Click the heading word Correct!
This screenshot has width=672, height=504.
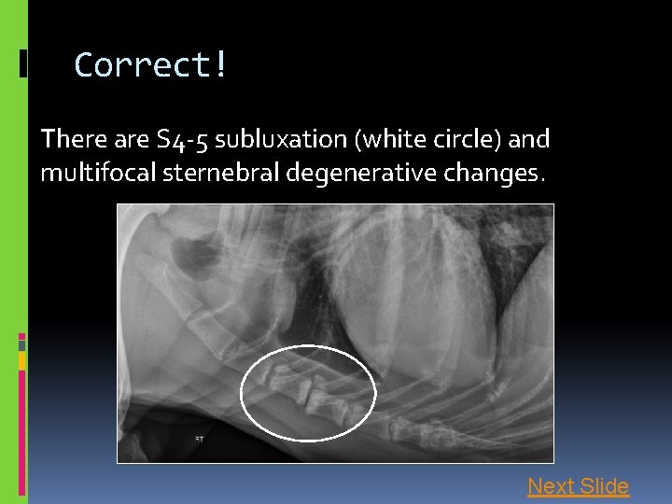150,65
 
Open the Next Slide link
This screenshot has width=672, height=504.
578,486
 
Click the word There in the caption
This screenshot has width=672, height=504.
68,140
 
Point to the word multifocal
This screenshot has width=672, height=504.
86,173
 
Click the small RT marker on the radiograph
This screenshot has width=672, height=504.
199,437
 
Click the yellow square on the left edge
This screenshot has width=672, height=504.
22,359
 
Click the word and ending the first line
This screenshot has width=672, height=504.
530,140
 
